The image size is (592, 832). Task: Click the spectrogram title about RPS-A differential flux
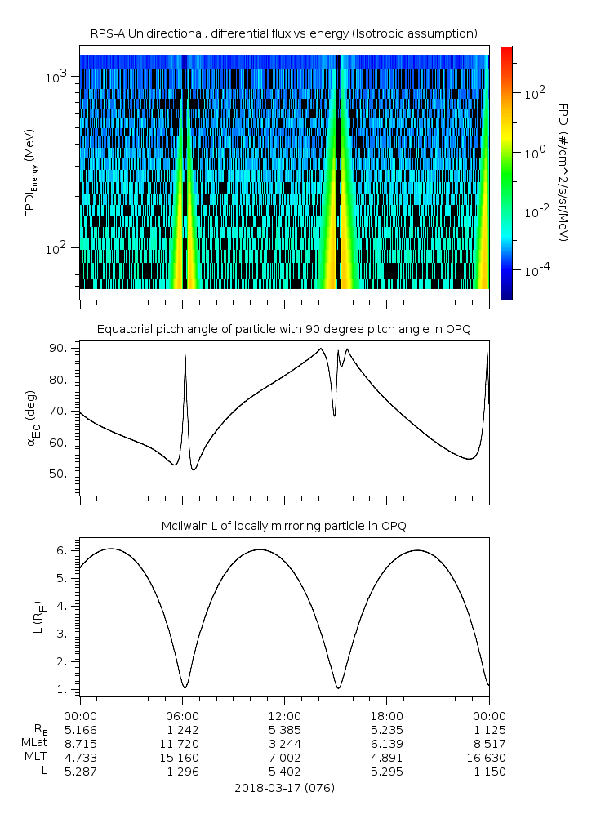pyautogui.click(x=283, y=33)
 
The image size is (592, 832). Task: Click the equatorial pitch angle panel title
pyautogui.click(x=283, y=329)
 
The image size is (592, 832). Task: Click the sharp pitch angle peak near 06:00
pyautogui.click(x=185, y=354)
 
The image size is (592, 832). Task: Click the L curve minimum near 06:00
pyautogui.click(x=185, y=687)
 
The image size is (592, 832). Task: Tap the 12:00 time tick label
pyautogui.click(x=283, y=714)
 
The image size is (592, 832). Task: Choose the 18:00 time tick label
pyautogui.click(x=386, y=714)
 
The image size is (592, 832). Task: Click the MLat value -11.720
pyautogui.click(x=181, y=743)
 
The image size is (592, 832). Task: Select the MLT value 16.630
pyautogui.click(x=489, y=757)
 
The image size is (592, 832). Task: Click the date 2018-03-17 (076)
pyautogui.click(x=283, y=788)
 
